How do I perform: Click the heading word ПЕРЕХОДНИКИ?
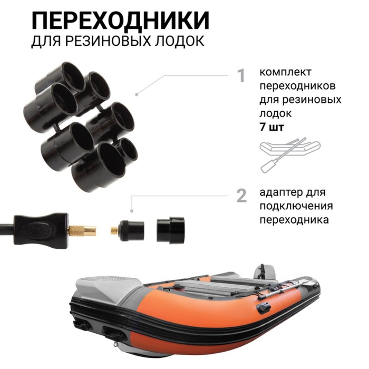[120, 20]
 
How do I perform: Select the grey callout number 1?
[241, 75]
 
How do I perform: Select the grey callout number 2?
[241, 196]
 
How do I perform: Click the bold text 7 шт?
[272, 127]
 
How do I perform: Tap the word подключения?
[296, 207]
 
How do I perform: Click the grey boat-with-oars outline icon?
[290, 155]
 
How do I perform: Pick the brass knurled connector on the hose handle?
[82, 230]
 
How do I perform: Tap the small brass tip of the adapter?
[114, 230]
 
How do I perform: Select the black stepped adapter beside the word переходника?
[171, 230]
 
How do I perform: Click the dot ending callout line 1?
[137, 94]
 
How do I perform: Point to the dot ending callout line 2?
[132, 211]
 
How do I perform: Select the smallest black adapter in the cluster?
[128, 149]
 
